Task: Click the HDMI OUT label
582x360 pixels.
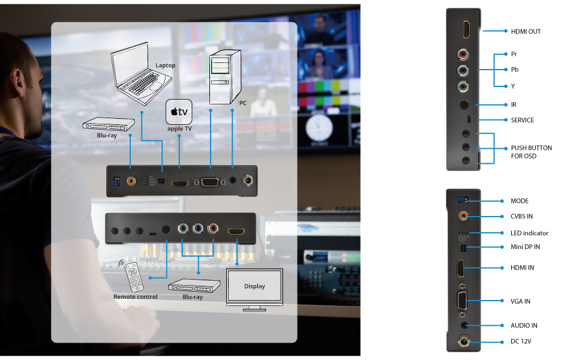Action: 526,31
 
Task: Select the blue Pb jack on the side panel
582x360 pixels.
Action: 463,70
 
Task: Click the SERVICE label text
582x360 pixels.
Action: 522,120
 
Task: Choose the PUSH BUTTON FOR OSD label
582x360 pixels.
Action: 531,152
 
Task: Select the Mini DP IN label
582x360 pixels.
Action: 525,247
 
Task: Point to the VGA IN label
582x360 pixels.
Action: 521,301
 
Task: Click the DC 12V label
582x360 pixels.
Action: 521,341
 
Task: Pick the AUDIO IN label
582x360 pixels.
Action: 524,325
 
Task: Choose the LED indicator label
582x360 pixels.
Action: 529,233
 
